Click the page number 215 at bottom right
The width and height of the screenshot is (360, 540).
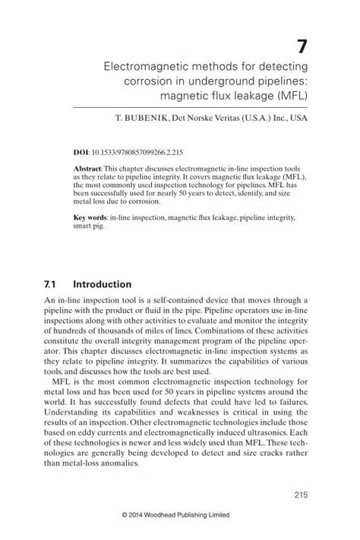298,495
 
